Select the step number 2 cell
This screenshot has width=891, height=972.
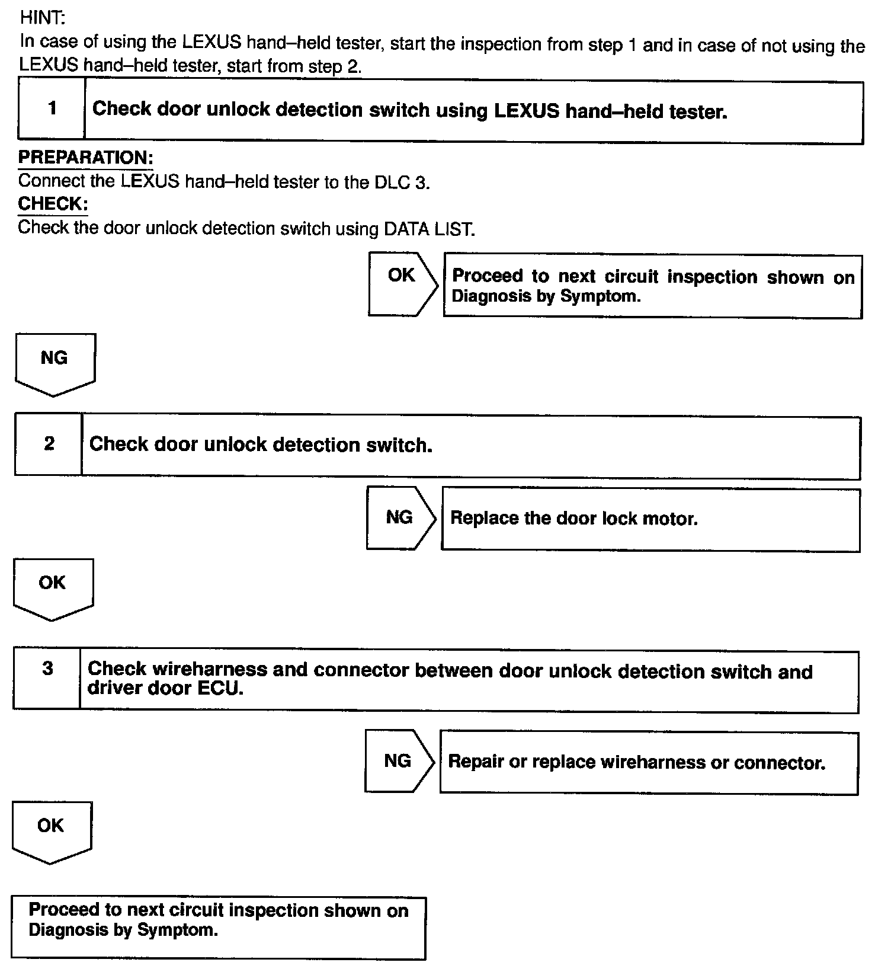tap(49, 444)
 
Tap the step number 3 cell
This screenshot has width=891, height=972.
tap(47, 679)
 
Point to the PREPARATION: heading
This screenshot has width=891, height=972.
tap(86, 158)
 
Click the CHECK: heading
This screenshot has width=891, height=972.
tap(53, 204)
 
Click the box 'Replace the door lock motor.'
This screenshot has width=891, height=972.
tap(650, 520)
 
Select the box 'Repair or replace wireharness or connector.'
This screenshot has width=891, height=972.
tap(649, 763)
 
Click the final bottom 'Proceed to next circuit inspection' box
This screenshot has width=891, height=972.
tap(219, 927)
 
